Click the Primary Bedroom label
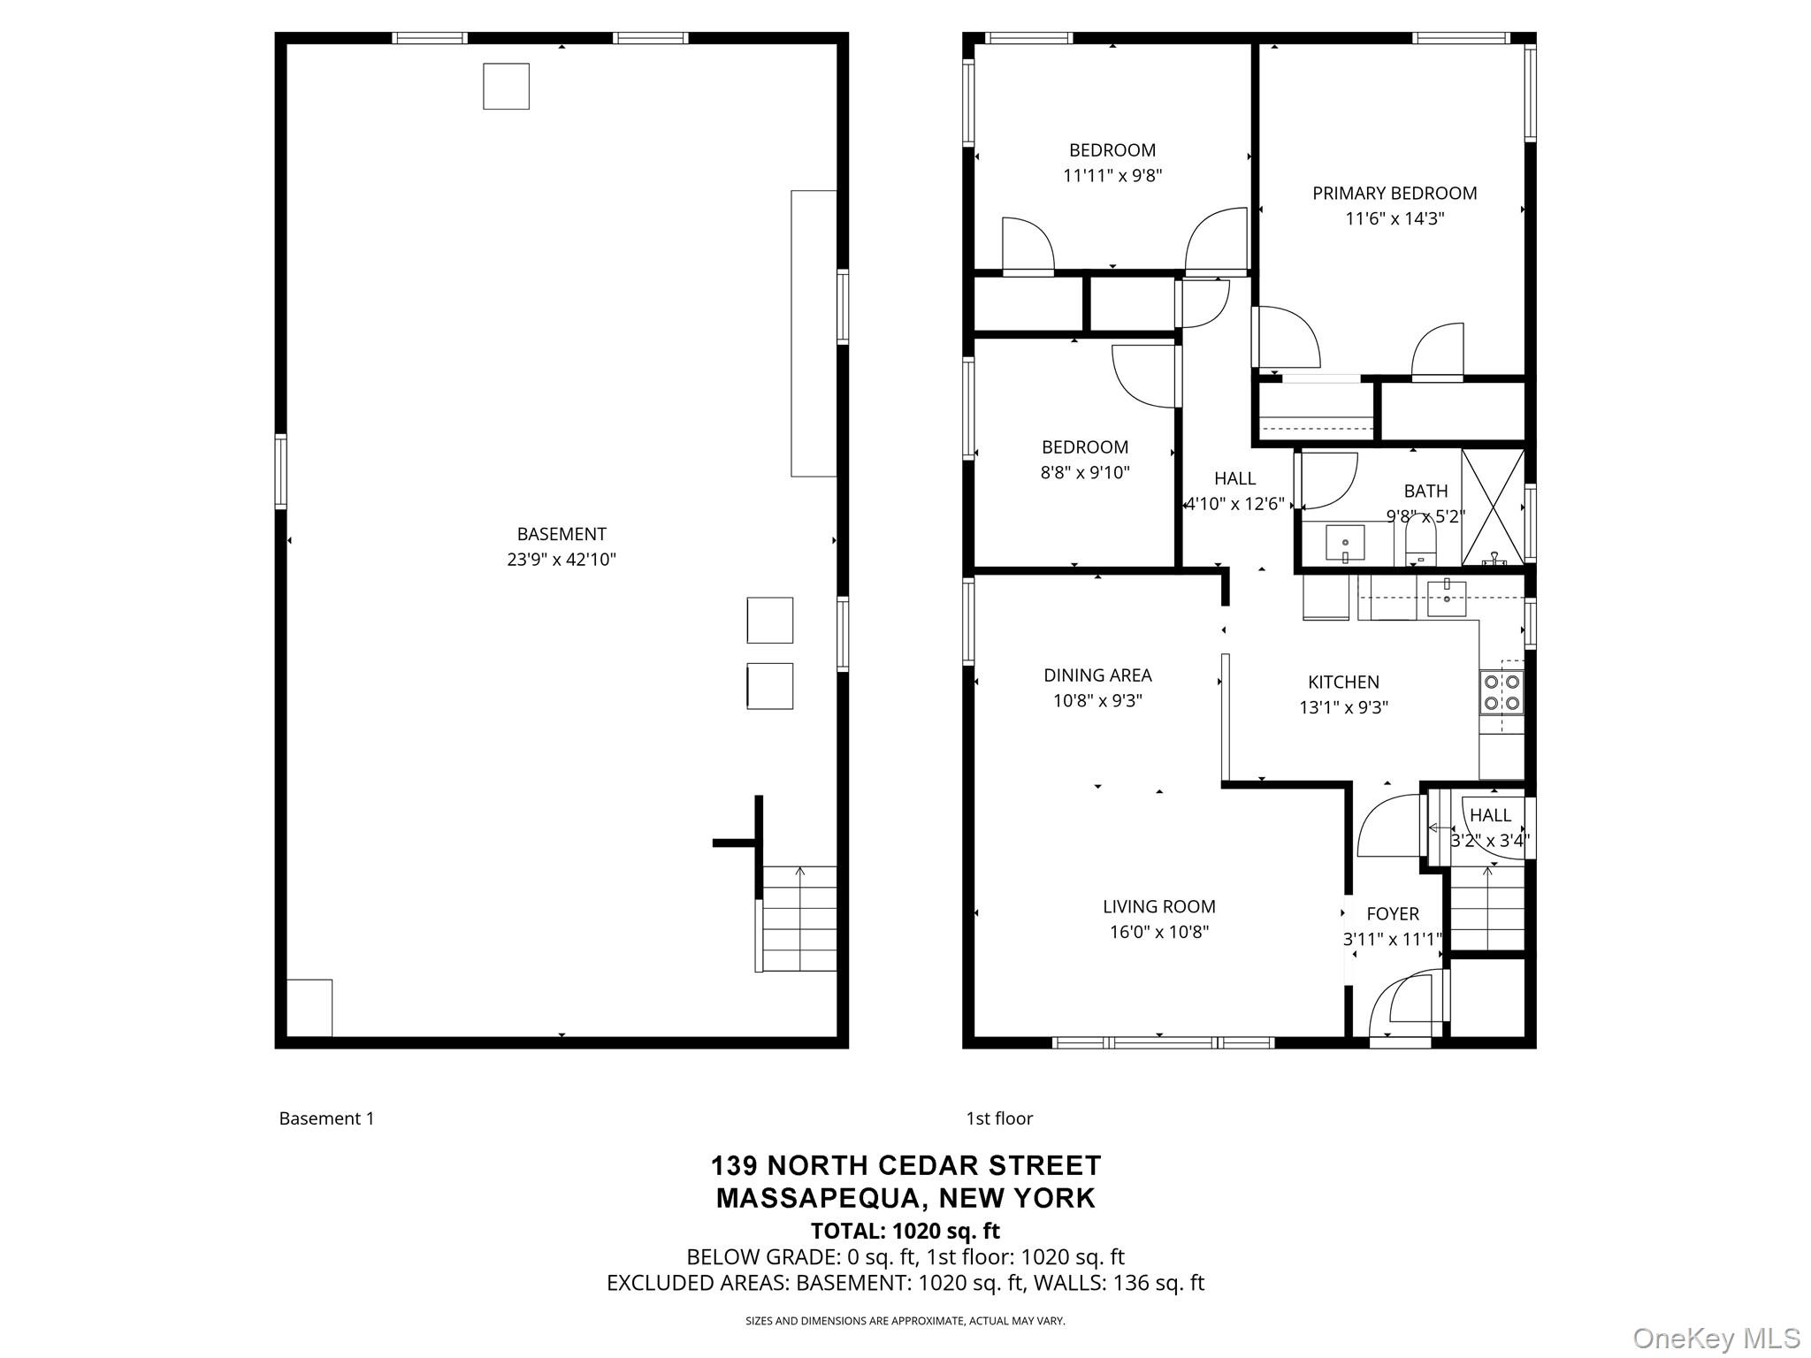tap(1394, 193)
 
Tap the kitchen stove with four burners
tap(1502, 692)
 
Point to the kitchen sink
tap(1446, 599)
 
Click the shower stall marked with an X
tap(1493, 507)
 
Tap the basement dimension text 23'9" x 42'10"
tap(561, 560)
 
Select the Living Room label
tap(1158, 906)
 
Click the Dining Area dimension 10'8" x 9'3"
tap(1097, 701)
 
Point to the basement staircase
tap(799, 919)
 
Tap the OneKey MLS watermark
tap(1715, 1338)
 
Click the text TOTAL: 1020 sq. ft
tap(905, 1231)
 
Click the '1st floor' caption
tap(999, 1118)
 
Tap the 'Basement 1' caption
tap(326, 1118)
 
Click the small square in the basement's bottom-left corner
tap(309, 1007)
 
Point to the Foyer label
tap(1392, 914)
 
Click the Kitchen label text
tap(1343, 682)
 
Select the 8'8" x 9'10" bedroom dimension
tap(1084, 473)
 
